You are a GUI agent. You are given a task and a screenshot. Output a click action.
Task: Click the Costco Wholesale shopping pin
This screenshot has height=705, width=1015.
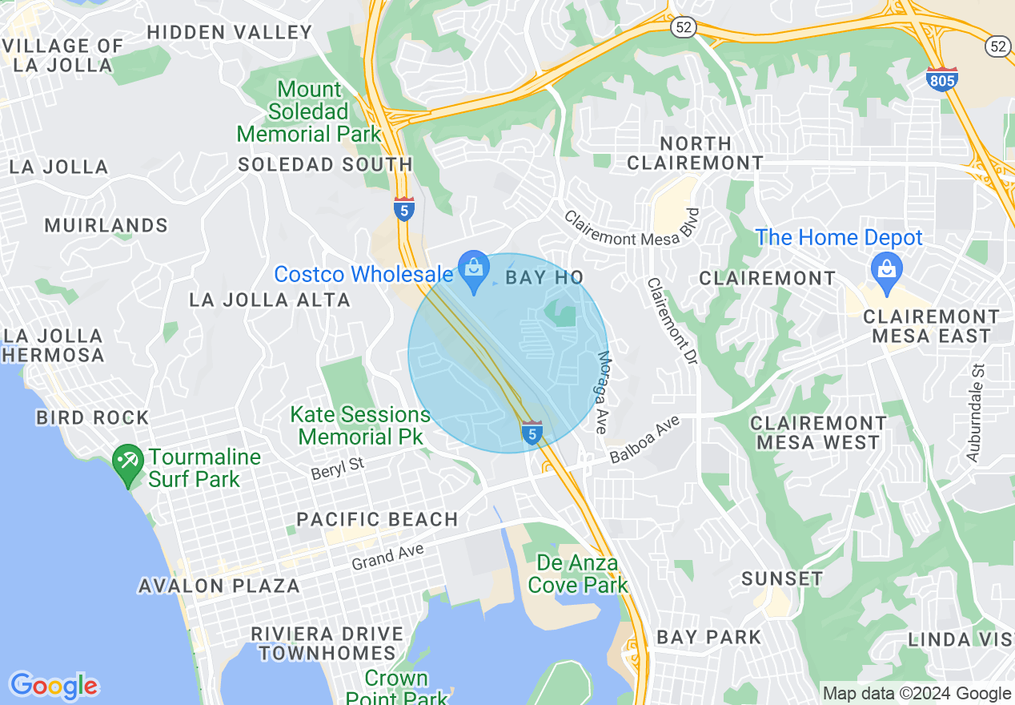pyautogui.click(x=474, y=270)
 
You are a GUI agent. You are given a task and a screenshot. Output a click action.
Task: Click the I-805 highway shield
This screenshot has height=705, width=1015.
pyautogui.click(x=941, y=79)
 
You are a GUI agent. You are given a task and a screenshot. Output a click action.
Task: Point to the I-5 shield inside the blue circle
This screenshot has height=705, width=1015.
pyautogui.click(x=532, y=433)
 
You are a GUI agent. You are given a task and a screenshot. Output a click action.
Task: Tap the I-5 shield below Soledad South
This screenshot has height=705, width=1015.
pyautogui.click(x=404, y=208)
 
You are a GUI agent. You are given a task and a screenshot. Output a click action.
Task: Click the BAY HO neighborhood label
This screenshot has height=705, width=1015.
pyautogui.click(x=544, y=278)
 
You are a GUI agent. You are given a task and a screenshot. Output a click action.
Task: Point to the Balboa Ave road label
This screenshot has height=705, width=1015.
pyautogui.click(x=644, y=440)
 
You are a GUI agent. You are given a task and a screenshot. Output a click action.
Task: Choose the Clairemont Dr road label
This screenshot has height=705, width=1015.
pyautogui.click(x=673, y=322)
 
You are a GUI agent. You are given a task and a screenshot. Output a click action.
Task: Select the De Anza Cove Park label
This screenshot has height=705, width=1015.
pyautogui.click(x=577, y=574)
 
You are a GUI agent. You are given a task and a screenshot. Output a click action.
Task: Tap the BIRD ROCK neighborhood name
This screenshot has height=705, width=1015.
pyautogui.click(x=93, y=417)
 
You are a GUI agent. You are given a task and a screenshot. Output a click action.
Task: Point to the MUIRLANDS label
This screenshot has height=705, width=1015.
pyautogui.click(x=106, y=225)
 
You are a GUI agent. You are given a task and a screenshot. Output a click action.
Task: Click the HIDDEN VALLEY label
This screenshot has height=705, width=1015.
pyautogui.click(x=230, y=32)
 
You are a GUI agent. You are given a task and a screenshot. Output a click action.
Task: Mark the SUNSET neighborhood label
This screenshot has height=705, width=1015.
pyautogui.click(x=781, y=578)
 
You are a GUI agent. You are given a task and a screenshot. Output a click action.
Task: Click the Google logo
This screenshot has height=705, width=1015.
pyautogui.click(x=54, y=686)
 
